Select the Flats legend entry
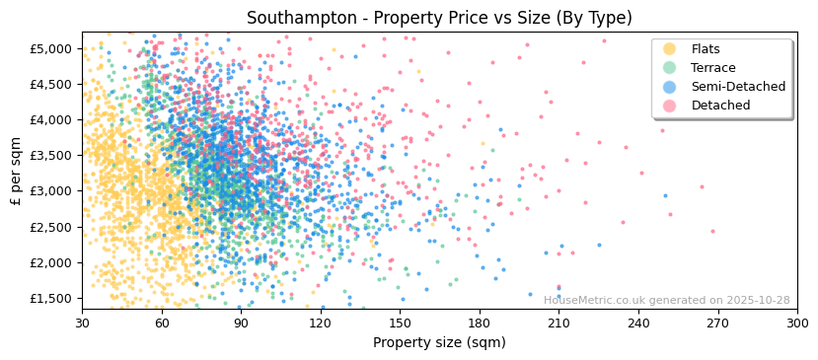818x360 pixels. pyautogui.click(x=706, y=49)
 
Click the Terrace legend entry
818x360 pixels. pyautogui.click(x=712, y=68)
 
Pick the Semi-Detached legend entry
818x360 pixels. pyautogui.click(x=738, y=87)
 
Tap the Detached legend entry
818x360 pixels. pyautogui.click(x=720, y=106)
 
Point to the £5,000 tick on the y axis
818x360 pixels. pyautogui.click(x=51, y=48)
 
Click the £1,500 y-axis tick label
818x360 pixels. pyautogui.click(x=51, y=298)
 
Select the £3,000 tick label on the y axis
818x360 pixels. pyautogui.click(x=51, y=191)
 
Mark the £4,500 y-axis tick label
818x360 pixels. pyautogui.click(x=51, y=84)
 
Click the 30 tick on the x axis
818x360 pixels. pyautogui.click(x=82, y=323)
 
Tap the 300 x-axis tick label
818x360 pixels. pyautogui.click(x=797, y=323)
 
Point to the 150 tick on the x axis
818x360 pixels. pyautogui.click(x=400, y=323)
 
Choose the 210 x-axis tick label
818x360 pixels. pyautogui.click(x=558, y=323)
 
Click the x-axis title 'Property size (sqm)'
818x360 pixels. pyautogui.click(x=439, y=343)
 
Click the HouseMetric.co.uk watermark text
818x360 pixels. pyautogui.click(x=666, y=301)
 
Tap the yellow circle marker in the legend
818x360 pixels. pyautogui.click(x=669, y=49)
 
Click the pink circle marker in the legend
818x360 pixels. pyautogui.click(x=669, y=106)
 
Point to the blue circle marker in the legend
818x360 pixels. pyautogui.click(x=669, y=87)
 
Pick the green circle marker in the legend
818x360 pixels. pyautogui.click(x=669, y=68)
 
